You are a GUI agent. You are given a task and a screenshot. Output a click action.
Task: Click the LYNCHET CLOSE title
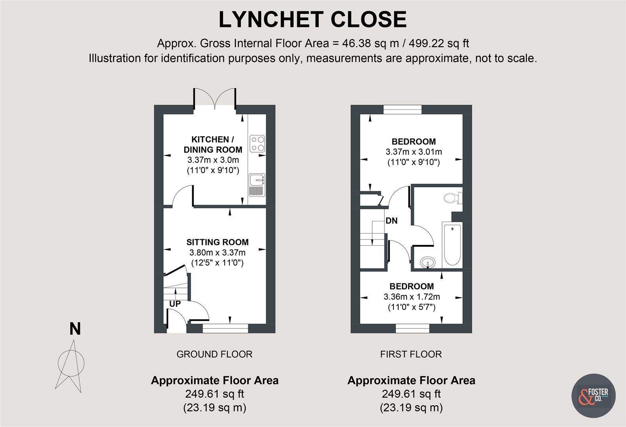[312, 19]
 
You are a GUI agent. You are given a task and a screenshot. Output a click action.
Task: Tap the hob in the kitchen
[257, 144]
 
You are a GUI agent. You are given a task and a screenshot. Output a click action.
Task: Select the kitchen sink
[257, 185]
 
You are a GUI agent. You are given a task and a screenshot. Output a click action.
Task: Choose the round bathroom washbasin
[427, 263]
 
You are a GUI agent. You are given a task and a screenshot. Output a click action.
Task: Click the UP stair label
[175, 304]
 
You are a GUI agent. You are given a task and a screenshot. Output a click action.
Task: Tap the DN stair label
[391, 221]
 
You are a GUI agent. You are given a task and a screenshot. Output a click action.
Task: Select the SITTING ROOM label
[217, 242]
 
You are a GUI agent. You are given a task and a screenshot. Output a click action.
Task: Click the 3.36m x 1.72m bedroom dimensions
[412, 297]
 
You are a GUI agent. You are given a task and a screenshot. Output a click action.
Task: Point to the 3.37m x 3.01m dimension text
[414, 152]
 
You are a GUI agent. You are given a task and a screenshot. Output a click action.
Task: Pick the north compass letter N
[75, 329]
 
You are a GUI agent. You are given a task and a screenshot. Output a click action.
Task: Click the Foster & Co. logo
[594, 396]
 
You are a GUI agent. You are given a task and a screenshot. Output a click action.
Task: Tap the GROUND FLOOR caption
[214, 354]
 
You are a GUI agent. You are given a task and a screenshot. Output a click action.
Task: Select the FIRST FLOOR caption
[411, 354]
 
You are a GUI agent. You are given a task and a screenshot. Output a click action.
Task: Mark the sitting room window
[225, 328]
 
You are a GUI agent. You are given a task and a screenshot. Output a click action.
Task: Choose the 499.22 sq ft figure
[439, 43]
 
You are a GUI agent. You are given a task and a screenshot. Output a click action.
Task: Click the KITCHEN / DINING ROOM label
[213, 144]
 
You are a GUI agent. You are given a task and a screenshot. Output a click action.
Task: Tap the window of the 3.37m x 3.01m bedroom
[403, 110]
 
